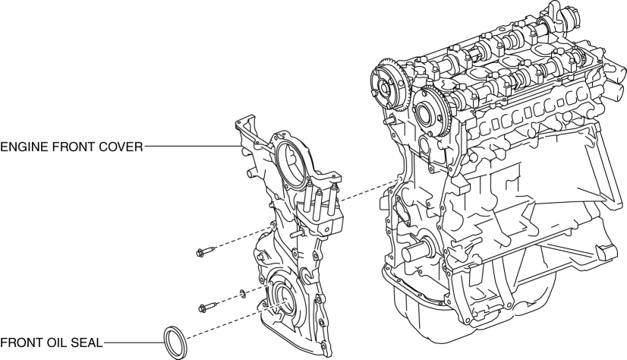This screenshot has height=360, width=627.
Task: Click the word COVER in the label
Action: [x=121, y=147]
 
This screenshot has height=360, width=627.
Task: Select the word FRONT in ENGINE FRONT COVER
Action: [x=73, y=147]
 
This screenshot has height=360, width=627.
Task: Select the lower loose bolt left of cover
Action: [x=206, y=307]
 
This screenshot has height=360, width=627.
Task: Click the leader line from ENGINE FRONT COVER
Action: [x=190, y=147]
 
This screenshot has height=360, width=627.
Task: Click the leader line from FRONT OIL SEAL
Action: [x=133, y=343]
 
